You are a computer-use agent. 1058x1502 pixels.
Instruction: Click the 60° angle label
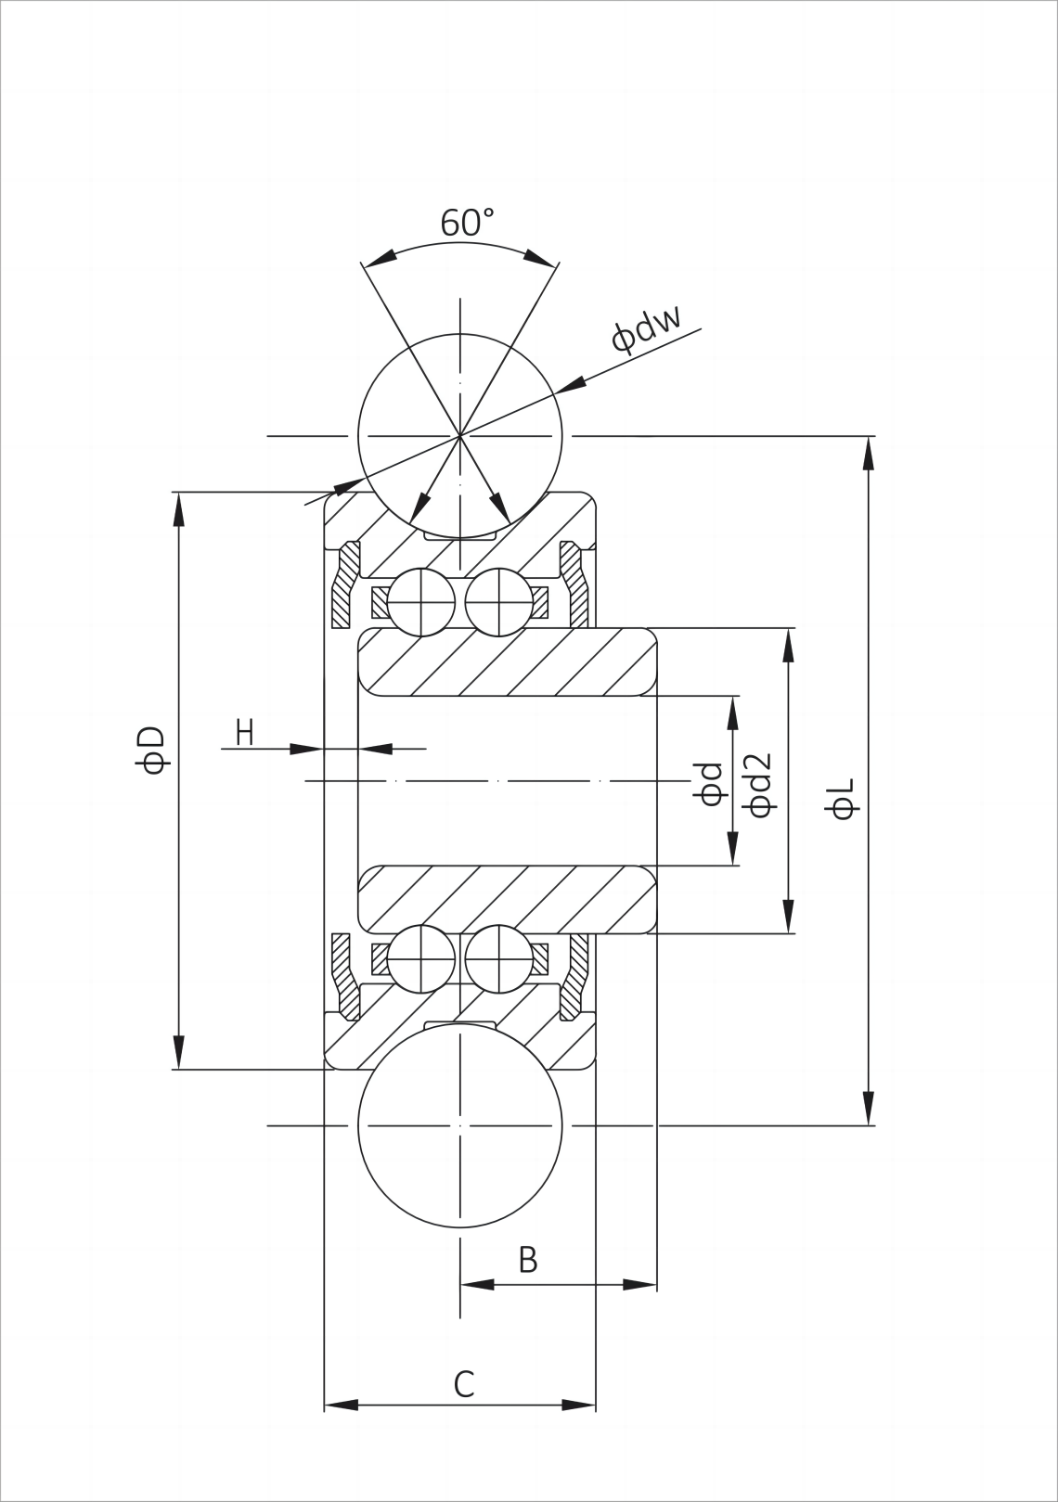point(467,223)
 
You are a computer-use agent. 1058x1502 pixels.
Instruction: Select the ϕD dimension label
point(151,750)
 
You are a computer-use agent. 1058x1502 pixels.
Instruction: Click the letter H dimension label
point(244,733)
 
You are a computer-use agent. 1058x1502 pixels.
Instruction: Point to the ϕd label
point(710,784)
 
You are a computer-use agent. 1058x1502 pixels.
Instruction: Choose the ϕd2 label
point(759,784)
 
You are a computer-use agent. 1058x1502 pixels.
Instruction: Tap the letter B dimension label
point(527,1260)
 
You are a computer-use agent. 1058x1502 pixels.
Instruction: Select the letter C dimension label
point(464,1384)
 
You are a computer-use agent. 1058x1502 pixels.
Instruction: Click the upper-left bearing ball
point(421,602)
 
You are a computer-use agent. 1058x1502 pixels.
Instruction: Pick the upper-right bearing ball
point(498,602)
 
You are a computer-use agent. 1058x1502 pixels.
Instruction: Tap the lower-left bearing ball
point(421,958)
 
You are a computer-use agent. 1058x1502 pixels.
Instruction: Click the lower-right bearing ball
point(498,958)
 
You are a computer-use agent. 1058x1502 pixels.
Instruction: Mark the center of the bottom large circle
point(460,1125)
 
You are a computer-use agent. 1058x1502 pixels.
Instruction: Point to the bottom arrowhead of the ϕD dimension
point(178,1053)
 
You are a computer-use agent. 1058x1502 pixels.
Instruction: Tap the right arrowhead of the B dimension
point(639,1285)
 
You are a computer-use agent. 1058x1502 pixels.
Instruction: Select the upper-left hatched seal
point(345,584)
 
